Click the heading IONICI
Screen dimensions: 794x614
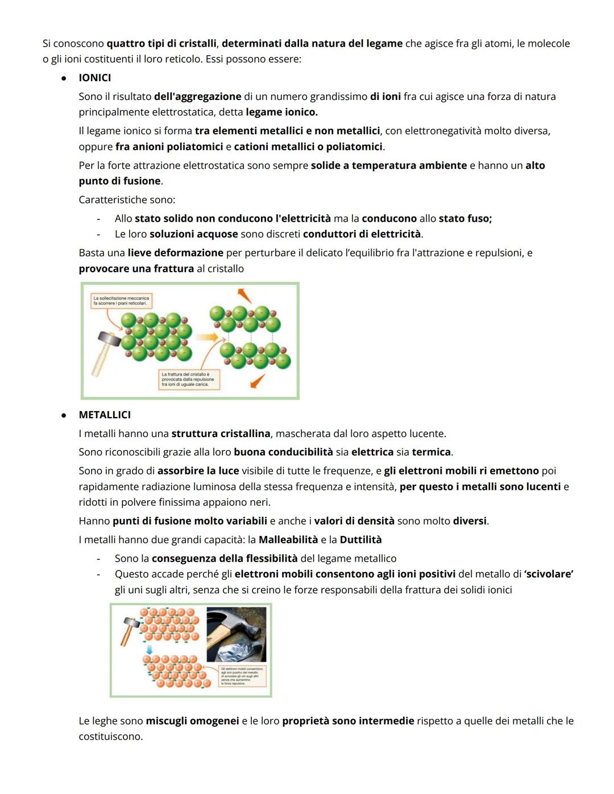tap(94, 78)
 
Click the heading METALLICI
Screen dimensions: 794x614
tap(105, 415)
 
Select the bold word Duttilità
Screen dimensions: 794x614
tap(360, 540)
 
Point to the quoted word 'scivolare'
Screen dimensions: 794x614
tap(549, 574)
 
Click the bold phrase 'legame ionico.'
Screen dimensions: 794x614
tap(281, 112)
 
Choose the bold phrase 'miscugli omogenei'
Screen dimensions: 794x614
tap(192, 721)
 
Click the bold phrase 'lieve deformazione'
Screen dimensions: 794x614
tap(175, 253)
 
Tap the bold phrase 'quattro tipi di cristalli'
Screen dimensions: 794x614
tap(161, 44)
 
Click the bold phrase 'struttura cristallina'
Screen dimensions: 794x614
tap(221, 434)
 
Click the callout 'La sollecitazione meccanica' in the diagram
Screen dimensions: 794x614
tap(121, 300)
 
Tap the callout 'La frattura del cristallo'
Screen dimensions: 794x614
tap(188, 379)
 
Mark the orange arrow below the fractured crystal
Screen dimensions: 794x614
tap(257, 381)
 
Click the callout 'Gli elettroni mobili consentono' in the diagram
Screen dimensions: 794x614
tap(242, 676)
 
